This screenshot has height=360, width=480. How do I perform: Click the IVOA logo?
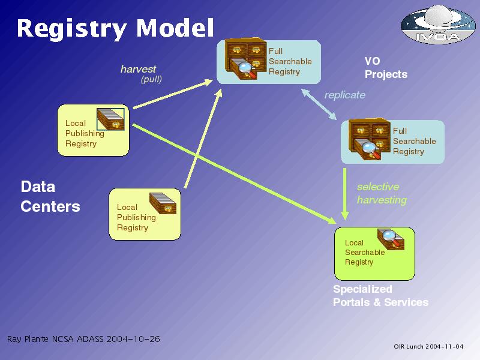[438, 25]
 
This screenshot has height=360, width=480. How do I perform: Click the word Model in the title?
[175, 28]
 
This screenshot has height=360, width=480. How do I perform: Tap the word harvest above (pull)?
[138, 69]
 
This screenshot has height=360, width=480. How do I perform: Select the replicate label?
[344, 95]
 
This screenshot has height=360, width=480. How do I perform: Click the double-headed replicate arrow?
[319, 104]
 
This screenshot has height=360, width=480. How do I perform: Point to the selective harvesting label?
[382, 193]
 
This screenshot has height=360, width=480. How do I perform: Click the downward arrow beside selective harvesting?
[344, 194]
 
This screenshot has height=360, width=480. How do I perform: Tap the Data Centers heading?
[50, 197]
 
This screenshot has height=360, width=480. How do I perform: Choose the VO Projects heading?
[386, 68]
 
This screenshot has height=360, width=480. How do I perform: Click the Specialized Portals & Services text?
[380, 296]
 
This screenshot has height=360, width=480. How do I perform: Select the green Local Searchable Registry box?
[374, 253]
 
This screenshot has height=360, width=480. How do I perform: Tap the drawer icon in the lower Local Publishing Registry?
[163, 203]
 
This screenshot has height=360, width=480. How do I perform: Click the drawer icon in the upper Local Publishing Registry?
[110, 119]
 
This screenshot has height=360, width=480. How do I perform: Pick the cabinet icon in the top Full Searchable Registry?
[245, 59]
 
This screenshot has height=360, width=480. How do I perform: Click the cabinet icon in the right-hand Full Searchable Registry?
[370, 139]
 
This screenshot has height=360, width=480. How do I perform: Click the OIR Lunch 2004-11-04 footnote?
[428, 347]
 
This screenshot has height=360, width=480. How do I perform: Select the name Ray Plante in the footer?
[28, 339]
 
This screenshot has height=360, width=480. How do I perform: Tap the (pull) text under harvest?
[151, 80]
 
